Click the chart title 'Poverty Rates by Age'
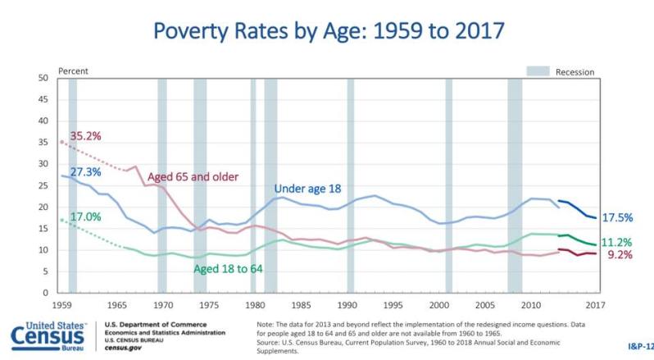tap(328, 33)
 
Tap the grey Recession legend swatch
tap(537, 71)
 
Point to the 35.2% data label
tap(85, 136)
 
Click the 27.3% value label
tap(85, 172)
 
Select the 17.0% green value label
tap(84, 217)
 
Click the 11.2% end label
tap(615, 243)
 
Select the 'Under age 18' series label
tap(308, 189)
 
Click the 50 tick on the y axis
tap(43, 78)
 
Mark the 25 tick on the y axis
tap(43, 185)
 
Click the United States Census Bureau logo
tap(49, 337)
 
